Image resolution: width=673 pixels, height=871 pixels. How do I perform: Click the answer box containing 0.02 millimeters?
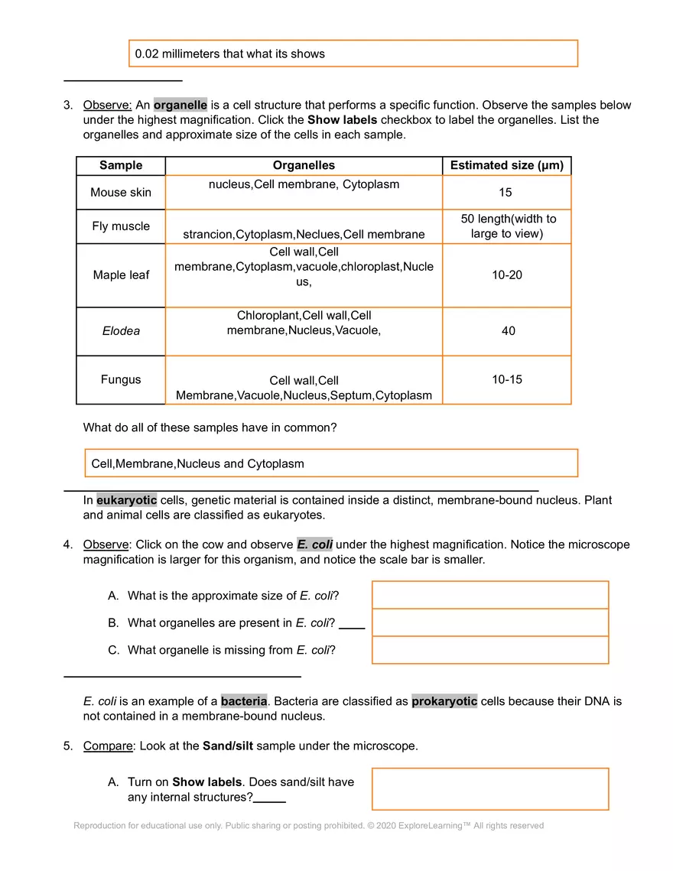pos(353,54)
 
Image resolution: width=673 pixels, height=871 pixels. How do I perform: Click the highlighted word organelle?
pos(180,105)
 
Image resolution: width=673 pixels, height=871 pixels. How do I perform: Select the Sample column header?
pos(121,165)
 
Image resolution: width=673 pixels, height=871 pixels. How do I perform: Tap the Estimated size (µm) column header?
pos(506,165)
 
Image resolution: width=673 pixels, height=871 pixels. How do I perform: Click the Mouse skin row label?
pos(121,192)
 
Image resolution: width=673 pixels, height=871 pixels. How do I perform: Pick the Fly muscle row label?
pos(121,226)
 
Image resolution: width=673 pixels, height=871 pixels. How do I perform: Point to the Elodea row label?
pos(121,331)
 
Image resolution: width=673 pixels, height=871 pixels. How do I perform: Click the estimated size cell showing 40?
pos(508,331)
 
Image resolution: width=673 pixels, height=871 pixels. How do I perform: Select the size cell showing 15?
pos(506,192)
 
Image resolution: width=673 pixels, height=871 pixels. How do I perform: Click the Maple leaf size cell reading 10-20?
pos(506,275)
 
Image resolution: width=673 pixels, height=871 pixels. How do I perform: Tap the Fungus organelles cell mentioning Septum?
pos(304,388)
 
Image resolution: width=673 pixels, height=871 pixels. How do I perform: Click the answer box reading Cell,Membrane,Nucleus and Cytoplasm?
pos(330,463)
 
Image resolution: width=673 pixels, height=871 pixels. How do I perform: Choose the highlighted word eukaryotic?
pos(126,500)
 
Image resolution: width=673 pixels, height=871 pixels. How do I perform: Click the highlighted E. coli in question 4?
pos(314,544)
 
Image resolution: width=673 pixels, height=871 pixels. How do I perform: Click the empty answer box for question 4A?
pos(489,595)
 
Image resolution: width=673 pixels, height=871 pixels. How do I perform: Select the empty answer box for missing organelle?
pos(489,650)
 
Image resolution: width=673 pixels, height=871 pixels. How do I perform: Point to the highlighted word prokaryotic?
pos(444,701)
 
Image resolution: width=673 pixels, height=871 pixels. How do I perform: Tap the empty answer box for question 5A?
pos(489,788)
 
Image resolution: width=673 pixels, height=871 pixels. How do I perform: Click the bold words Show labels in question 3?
pos(342,120)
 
